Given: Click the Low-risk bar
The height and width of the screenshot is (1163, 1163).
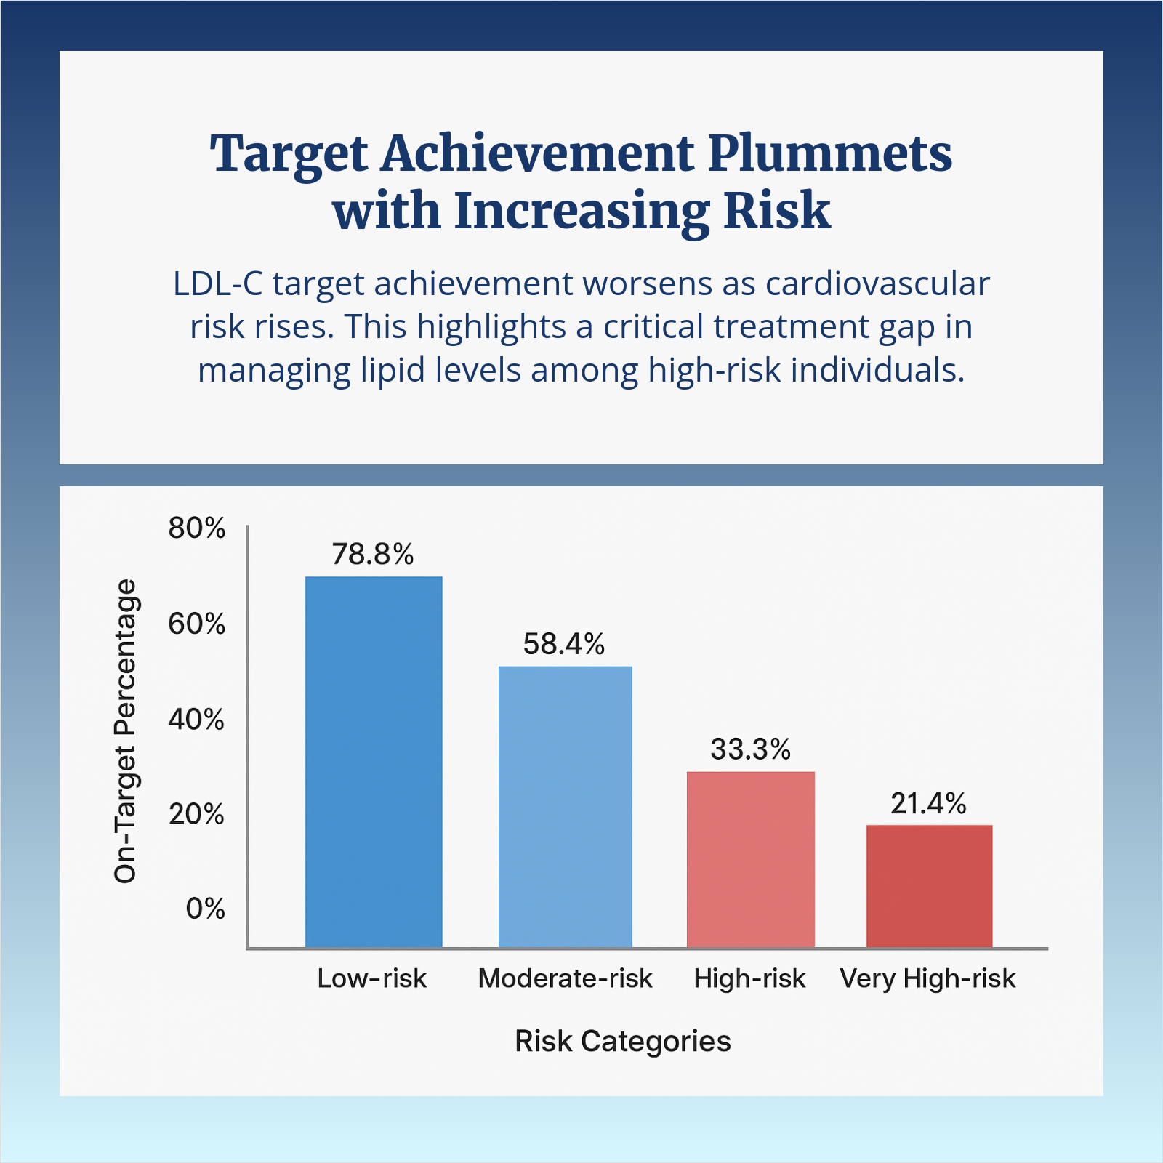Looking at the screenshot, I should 374,762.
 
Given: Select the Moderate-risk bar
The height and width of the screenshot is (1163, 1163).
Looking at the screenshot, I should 565,807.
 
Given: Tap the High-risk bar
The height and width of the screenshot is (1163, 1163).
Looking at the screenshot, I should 750,859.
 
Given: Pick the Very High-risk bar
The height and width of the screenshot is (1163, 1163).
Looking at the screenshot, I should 929,886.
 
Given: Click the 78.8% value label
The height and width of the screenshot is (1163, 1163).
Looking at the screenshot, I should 373,555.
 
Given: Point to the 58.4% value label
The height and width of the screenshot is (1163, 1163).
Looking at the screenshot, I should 564,644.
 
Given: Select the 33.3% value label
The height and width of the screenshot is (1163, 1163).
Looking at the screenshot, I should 750,749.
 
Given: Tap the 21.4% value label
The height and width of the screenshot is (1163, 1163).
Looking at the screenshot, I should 928,804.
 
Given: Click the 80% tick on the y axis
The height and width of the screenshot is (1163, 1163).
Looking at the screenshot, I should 197,528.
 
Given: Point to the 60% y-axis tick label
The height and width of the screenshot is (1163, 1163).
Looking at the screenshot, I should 197,624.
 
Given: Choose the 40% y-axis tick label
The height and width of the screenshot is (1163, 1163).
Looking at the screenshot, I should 197,720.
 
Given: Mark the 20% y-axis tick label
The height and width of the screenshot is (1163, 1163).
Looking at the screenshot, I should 197,815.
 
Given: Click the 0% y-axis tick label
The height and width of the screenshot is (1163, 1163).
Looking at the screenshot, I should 205,909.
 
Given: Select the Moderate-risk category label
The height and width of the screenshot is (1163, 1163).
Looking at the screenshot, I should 565,978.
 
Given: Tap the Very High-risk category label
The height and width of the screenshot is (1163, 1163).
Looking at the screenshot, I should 927,978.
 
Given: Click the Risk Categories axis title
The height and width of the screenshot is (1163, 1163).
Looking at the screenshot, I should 622,1041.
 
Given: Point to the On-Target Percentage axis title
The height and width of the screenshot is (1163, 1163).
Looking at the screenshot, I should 126,731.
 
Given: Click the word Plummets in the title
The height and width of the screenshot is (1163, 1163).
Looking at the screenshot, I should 830,154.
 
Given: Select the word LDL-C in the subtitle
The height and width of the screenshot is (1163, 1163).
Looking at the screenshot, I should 217,283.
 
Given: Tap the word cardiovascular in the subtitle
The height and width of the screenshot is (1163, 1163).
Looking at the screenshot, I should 877,283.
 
